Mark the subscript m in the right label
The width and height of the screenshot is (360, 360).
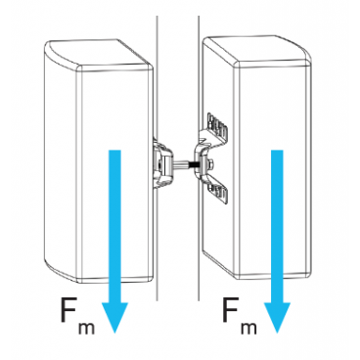click(255, 331)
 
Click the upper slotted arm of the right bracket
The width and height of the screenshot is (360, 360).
click(220, 128)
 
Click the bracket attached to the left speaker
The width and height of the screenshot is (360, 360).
click(161, 161)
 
